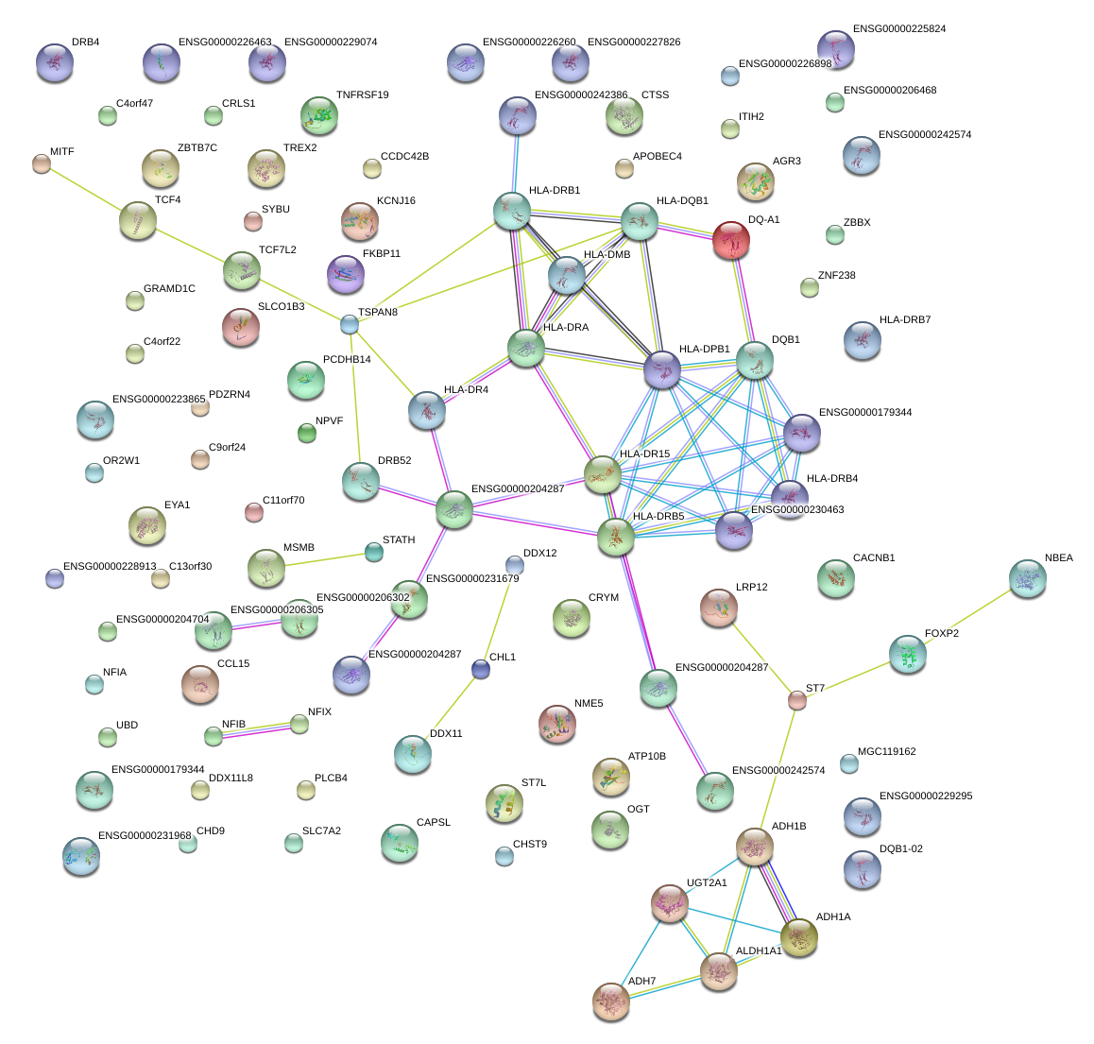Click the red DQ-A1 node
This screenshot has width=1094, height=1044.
tap(731, 241)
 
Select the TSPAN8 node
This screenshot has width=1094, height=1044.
tap(350, 325)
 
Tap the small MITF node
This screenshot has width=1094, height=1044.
tap(41, 163)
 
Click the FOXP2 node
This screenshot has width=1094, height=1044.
tap(908, 654)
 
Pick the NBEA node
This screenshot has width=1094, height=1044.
tap(1028, 579)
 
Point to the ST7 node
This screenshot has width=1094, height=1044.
tap(797, 700)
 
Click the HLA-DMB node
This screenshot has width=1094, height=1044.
tap(567, 275)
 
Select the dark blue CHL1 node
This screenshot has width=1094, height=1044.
tap(481, 670)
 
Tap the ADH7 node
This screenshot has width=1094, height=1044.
tap(611, 1001)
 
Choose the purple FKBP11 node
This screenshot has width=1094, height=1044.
tap(345, 274)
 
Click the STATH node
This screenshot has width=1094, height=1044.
tap(374, 552)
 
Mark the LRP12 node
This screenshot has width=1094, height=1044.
tap(719, 608)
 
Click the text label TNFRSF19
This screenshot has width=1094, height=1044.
tap(362, 95)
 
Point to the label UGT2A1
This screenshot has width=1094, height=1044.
tap(707, 882)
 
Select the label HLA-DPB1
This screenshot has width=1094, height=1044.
tap(704, 350)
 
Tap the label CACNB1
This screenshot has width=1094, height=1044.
tap(873, 558)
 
